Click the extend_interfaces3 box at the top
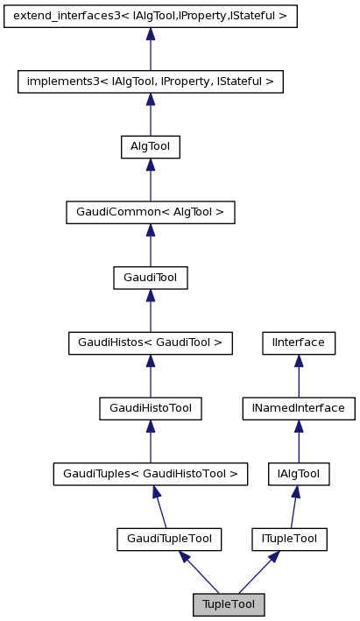pos(151,16)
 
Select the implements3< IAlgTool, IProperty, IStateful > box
pos(151,81)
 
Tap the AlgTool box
pos(151,147)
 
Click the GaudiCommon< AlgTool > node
pos(151,212)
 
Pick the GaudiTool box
pos(151,278)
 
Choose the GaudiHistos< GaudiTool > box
pos(151,343)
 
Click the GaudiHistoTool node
pos(151,408)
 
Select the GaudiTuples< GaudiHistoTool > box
pos(151,474)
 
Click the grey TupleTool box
pos(229,605)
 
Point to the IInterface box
pos(299,343)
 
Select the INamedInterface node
pos(299,408)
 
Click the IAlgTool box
pos(299,474)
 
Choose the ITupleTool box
pos(289,540)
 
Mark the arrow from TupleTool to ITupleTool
pos(259,572)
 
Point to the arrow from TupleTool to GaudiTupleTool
pos(199,572)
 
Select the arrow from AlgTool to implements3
pos(151,115)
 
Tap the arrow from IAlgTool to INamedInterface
pos(299,441)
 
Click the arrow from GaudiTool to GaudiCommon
pos(151,245)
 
